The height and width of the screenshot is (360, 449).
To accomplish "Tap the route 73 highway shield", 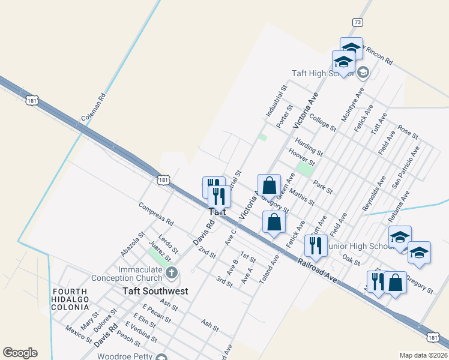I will tap(358, 22).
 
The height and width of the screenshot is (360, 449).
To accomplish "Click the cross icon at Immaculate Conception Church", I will tap(171, 274).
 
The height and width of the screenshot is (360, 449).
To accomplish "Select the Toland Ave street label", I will tap(270, 269).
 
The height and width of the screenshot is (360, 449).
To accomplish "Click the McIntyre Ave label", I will tap(352, 106).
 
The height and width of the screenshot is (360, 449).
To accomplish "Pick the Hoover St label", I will tap(302, 158).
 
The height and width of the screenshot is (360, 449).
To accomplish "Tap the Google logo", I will tap(20, 353).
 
